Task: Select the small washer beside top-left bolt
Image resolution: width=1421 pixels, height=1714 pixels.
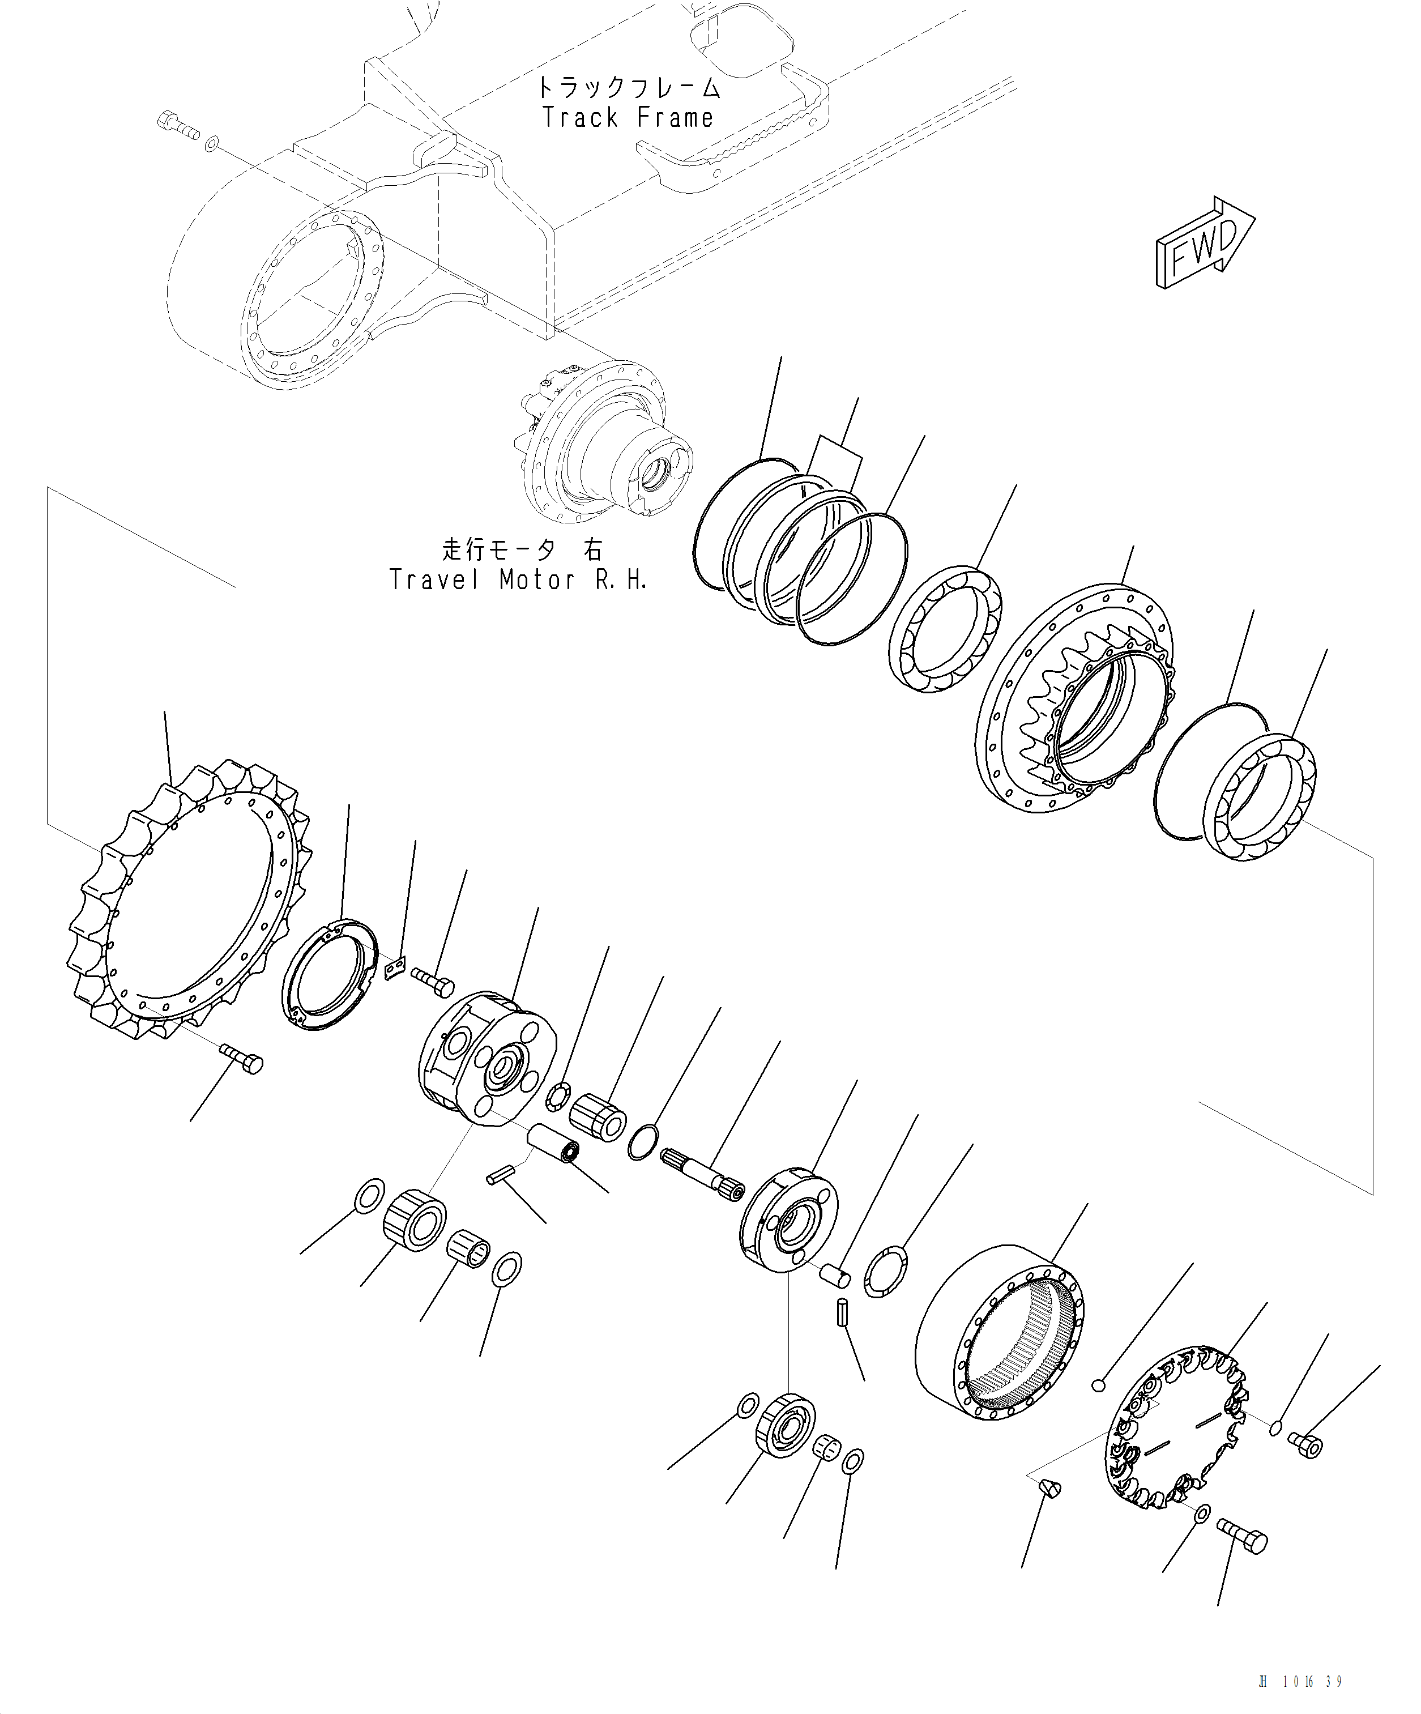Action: click(x=211, y=144)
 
